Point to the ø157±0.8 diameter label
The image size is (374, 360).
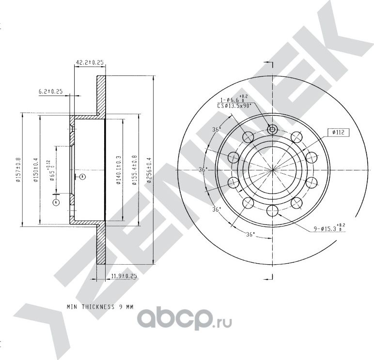point(18,170)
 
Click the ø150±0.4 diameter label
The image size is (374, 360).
point(35,170)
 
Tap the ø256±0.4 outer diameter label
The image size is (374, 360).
point(149,170)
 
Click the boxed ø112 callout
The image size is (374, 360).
point(338,132)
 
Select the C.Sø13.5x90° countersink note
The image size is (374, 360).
point(234,105)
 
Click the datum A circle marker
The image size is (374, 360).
point(56,201)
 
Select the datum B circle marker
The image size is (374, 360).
point(82,177)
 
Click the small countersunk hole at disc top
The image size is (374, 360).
point(272,129)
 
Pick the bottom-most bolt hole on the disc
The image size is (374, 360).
point(272,210)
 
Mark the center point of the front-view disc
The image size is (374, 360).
point(272,170)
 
